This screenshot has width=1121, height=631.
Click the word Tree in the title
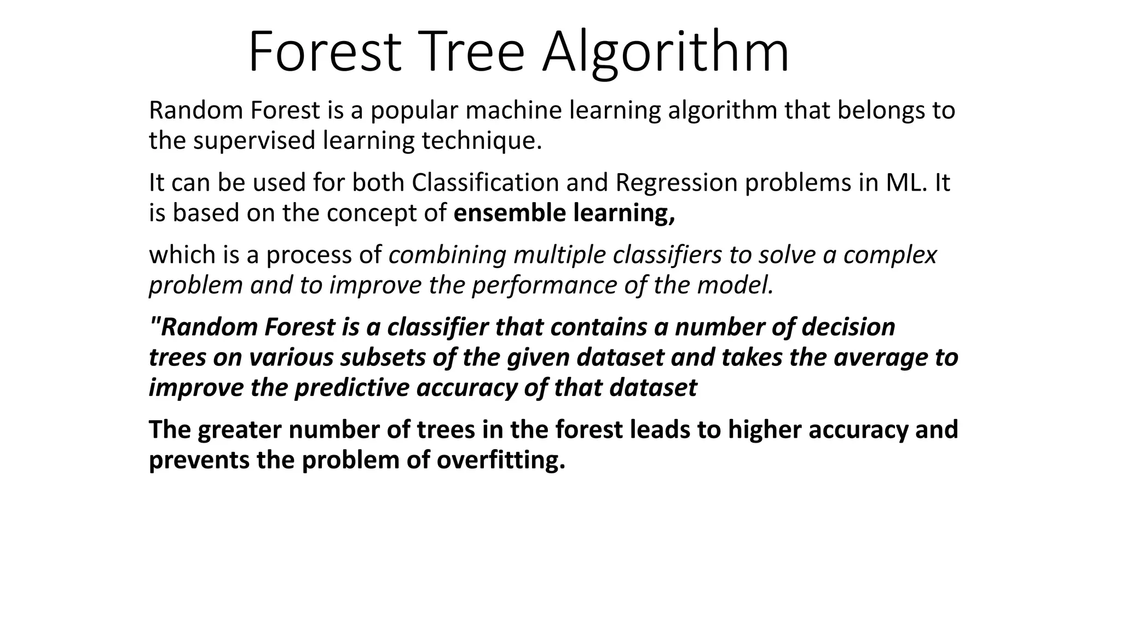click(472, 53)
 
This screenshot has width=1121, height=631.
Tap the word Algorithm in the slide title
click(666, 53)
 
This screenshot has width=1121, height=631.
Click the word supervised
click(255, 141)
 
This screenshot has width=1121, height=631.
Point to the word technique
click(481, 141)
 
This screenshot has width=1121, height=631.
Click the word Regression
click(677, 182)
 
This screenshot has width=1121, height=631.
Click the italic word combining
click(447, 255)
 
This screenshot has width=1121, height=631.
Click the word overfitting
click(500, 460)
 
